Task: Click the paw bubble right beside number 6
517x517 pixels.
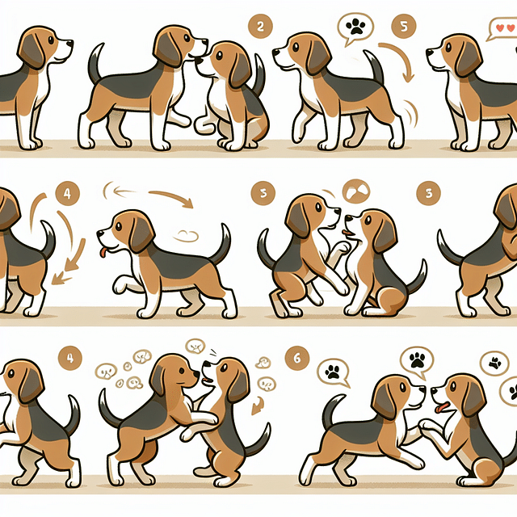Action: point(331,372)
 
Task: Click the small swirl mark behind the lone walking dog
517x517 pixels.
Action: point(187,236)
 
